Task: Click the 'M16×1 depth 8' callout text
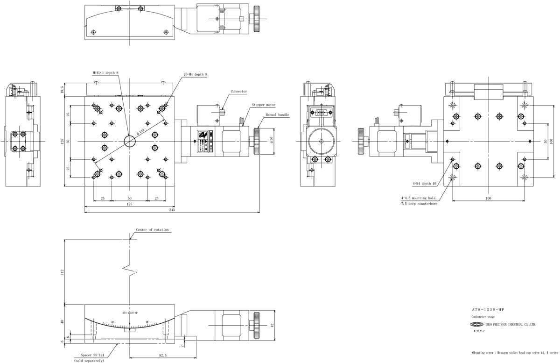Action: [106, 73]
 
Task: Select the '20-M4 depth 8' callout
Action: [195, 75]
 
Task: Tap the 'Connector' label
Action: [238, 92]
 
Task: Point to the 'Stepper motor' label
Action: [264, 105]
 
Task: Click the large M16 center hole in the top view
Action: [130, 141]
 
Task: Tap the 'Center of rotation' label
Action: [152, 230]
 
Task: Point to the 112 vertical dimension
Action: [62, 272]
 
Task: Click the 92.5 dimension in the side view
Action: [162, 356]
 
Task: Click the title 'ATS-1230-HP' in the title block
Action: [488, 310]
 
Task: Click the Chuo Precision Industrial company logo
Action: [477, 324]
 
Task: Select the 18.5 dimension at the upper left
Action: [62, 90]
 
